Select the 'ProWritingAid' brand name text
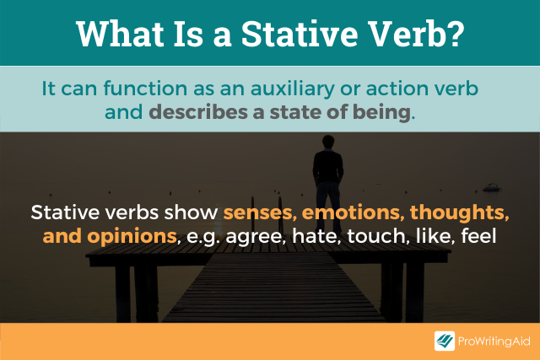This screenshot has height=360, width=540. [x=494, y=341]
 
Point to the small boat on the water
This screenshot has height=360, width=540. [x=491, y=187]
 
